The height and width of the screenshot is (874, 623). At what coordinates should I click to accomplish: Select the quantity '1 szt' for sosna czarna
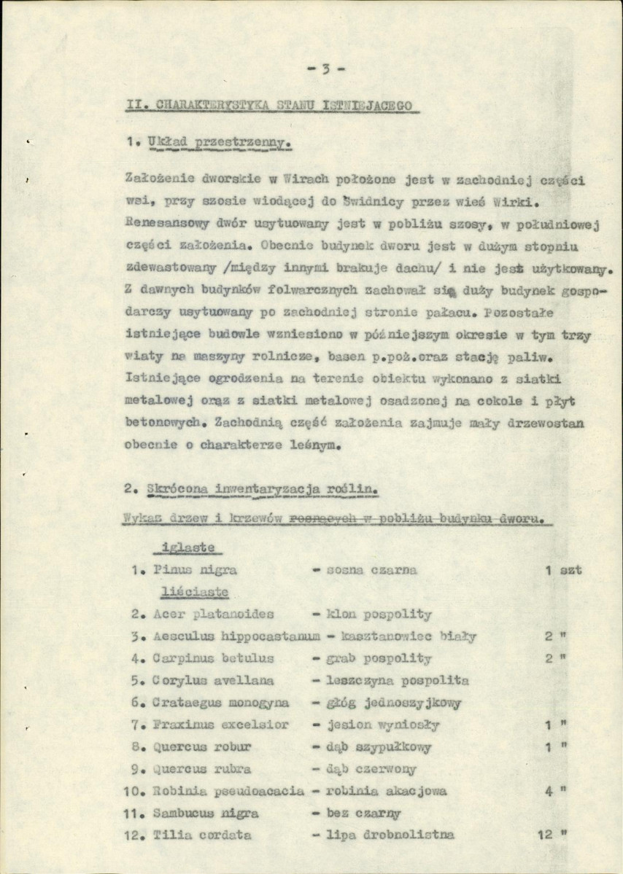563,569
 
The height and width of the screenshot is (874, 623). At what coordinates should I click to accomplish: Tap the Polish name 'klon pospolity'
371,614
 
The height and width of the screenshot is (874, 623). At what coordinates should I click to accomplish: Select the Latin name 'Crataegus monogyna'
220,703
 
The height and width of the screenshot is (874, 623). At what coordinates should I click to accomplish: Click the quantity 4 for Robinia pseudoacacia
548,790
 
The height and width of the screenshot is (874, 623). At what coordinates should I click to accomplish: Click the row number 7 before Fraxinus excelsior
136,725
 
